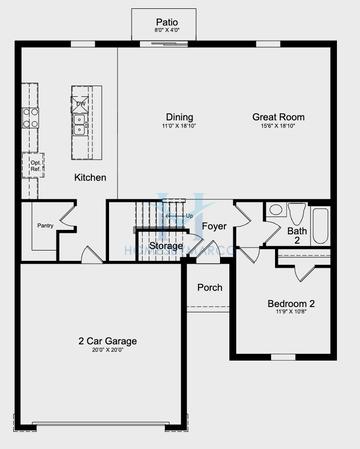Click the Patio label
coord(166,21)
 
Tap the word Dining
coord(180,117)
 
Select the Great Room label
coord(278,117)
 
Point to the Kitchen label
coord(90,177)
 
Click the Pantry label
coord(45,226)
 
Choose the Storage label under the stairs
coord(166,245)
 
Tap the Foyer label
coord(214,227)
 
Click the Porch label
coord(209,288)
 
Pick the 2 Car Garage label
coord(109,342)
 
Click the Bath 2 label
coord(297,236)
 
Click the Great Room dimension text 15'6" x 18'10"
coord(278,127)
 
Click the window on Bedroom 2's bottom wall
coord(283,357)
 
